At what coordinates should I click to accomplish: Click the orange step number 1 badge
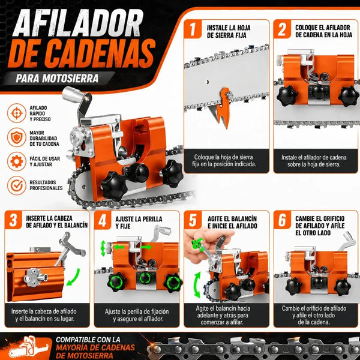[x=193, y=29]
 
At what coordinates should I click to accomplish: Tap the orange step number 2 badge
[x=282, y=29]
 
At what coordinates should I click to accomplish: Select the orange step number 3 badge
[x=13, y=220]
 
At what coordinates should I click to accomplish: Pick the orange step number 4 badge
[x=103, y=220]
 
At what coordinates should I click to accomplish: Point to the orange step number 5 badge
[x=193, y=220]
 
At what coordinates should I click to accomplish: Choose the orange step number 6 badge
[x=282, y=220]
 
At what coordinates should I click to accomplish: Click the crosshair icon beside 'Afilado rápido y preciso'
[x=17, y=113]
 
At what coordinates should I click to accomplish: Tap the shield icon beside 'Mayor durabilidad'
[x=17, y=137]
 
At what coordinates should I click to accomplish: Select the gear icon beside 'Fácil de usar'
[x=17, y=161]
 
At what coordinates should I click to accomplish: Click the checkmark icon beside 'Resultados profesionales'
[x=17, y=185]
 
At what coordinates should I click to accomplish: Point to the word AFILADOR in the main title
[x=78, y=23]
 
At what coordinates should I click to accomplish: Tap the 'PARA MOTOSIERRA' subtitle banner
[x=58, y=78]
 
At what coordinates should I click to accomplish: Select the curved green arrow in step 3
[x=74, y=277]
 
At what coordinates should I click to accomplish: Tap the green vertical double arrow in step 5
[x=197, y=284]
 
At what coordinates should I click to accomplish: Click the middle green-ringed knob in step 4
[x=145, y=278]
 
